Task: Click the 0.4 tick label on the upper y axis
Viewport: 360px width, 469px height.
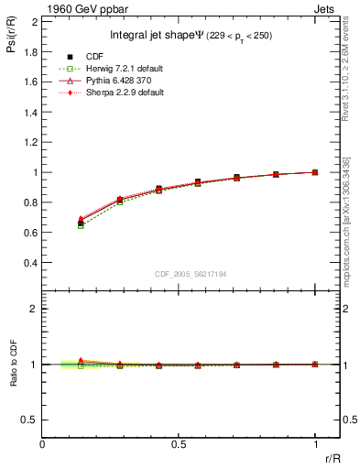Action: [30, 262]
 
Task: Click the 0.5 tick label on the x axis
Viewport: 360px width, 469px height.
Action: [178, 443]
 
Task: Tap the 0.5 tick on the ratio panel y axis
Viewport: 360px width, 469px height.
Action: [30, 420]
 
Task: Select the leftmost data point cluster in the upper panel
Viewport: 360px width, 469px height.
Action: [81, 222]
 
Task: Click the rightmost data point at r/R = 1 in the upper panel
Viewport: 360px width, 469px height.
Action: [315, 172]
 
